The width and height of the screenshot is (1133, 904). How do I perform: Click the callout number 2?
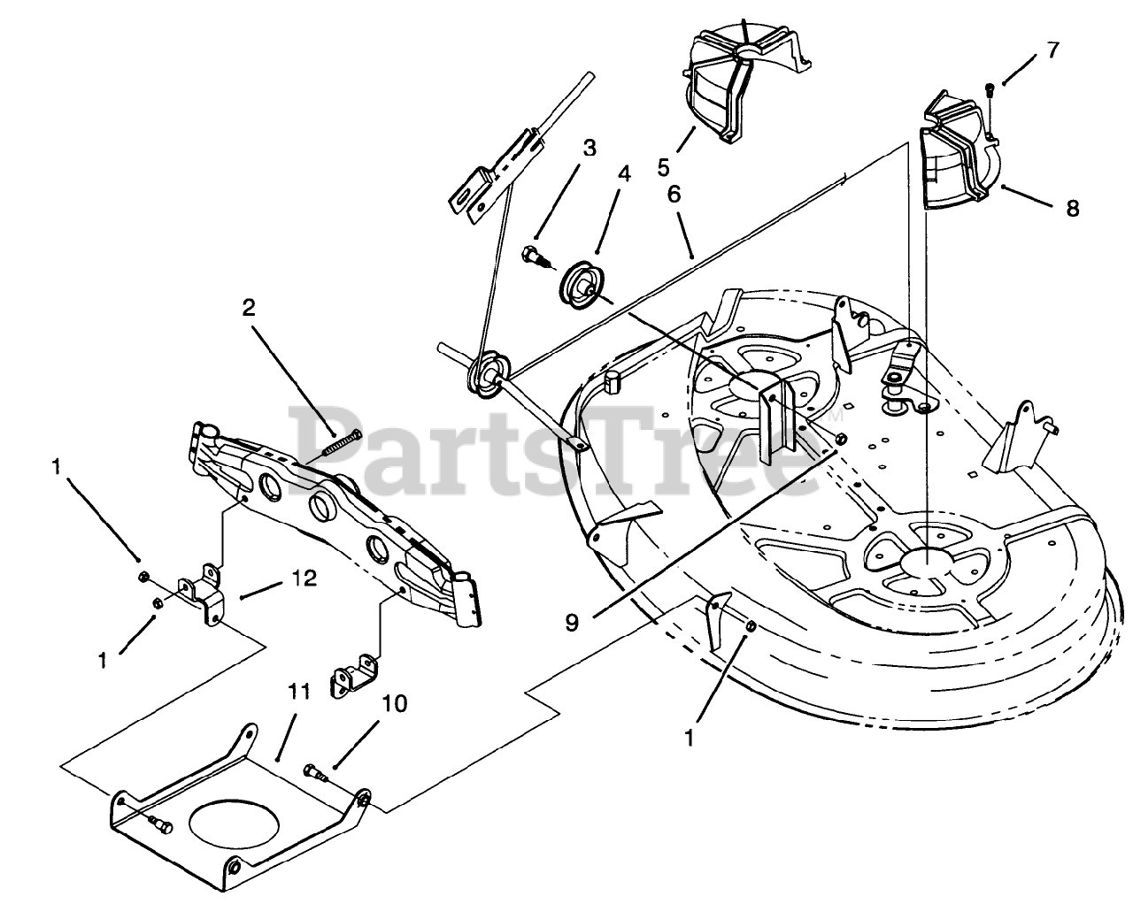click(249, 308)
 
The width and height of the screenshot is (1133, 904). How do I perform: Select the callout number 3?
click(589, 149)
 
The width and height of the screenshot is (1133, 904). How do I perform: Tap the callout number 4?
click(625, 174)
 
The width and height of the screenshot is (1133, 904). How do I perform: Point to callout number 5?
click(664, 165)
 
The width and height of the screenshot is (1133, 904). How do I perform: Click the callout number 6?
click(674, 194)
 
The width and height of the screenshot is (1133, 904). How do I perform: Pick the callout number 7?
click(1052, 50)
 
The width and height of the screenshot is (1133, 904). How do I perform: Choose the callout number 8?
click(1073, 209)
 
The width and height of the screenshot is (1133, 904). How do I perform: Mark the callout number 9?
click(572, 622)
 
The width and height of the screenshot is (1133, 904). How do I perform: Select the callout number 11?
click(298, 691)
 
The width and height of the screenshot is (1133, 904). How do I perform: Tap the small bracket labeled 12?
click(202, 596)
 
